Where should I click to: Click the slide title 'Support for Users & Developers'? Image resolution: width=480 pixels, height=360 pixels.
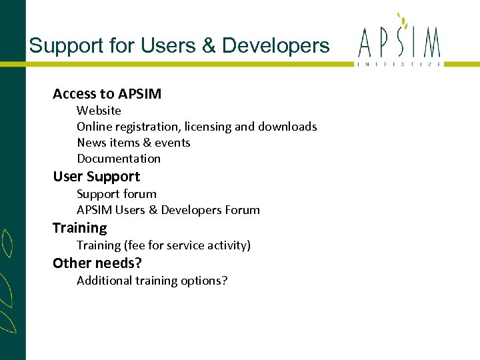[x=179, y=45]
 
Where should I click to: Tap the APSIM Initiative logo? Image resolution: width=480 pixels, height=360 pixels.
[x=399, y=43]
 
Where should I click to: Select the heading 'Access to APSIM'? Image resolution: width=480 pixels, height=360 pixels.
[x=107, y=94]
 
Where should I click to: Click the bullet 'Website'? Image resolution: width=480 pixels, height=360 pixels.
[x=99, y=111]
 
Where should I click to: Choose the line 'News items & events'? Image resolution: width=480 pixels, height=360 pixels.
[x=133, y=143]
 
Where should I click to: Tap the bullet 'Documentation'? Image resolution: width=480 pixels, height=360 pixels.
[x=119, y=159]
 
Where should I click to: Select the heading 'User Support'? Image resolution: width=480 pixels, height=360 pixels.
[x=96, y=177]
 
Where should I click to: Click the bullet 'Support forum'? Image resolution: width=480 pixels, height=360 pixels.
[x=117, y=194]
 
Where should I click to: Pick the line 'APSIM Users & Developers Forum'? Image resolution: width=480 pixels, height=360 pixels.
[x=168, y=210]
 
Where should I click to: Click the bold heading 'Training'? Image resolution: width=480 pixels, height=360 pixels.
[x=79, y=228]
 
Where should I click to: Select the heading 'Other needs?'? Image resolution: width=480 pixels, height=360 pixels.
[x=97, y=263]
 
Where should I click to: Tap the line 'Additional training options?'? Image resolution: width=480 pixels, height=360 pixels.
[x=152, y=281]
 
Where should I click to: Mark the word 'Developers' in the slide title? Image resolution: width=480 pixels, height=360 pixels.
[x=275, y=45]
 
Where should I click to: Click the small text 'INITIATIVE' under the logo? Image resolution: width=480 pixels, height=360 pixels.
[x=399, y=64]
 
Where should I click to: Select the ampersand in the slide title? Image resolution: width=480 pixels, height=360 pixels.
[x=209, y=45]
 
